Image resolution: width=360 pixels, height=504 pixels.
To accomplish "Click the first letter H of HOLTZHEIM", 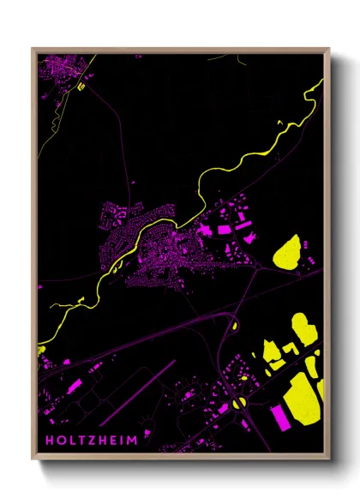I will pyautogui.click(x=50, y=441).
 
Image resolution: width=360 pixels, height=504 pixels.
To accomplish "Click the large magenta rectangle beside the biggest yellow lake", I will pyautogui.click(x=281, y=417).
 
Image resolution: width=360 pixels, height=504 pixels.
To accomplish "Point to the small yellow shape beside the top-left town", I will pyautogui.click(x=82, y=86).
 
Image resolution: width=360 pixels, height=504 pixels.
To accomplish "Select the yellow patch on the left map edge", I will pyautogui.click(x=40, y=350).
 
